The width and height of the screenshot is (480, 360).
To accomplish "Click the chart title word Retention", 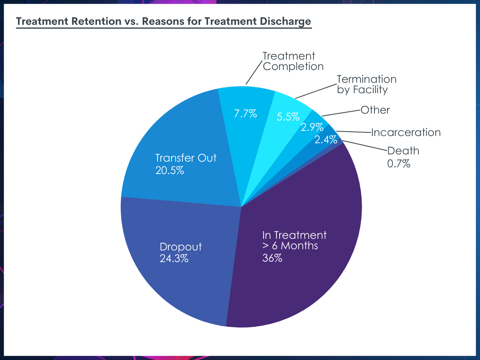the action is (96, 22).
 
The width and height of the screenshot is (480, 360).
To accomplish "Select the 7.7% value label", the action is (245, 114).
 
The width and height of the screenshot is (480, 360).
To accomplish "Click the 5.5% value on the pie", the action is (288, 117).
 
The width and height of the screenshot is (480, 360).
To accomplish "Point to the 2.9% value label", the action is (312, 127).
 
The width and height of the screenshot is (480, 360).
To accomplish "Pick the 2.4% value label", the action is (326, 140).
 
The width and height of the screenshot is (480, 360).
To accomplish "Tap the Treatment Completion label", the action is (293, 61).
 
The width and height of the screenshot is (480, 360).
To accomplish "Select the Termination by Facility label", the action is (366, 84).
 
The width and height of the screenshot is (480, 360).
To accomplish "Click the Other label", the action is (375, 110).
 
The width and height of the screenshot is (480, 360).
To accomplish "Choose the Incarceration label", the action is (406, 132).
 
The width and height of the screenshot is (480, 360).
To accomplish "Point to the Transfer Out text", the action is (186, 158).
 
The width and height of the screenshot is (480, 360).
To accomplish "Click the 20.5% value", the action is (170, 170).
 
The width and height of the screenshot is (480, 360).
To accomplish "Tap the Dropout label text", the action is (181, 247).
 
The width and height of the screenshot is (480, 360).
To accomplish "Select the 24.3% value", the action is (174, 258).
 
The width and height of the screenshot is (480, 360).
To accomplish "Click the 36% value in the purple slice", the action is (272, 258).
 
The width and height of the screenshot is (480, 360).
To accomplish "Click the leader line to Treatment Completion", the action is (254, 72).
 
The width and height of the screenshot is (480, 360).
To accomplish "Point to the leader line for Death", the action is (365, 146).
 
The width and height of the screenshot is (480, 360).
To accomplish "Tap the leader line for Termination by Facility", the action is (316, 91).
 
